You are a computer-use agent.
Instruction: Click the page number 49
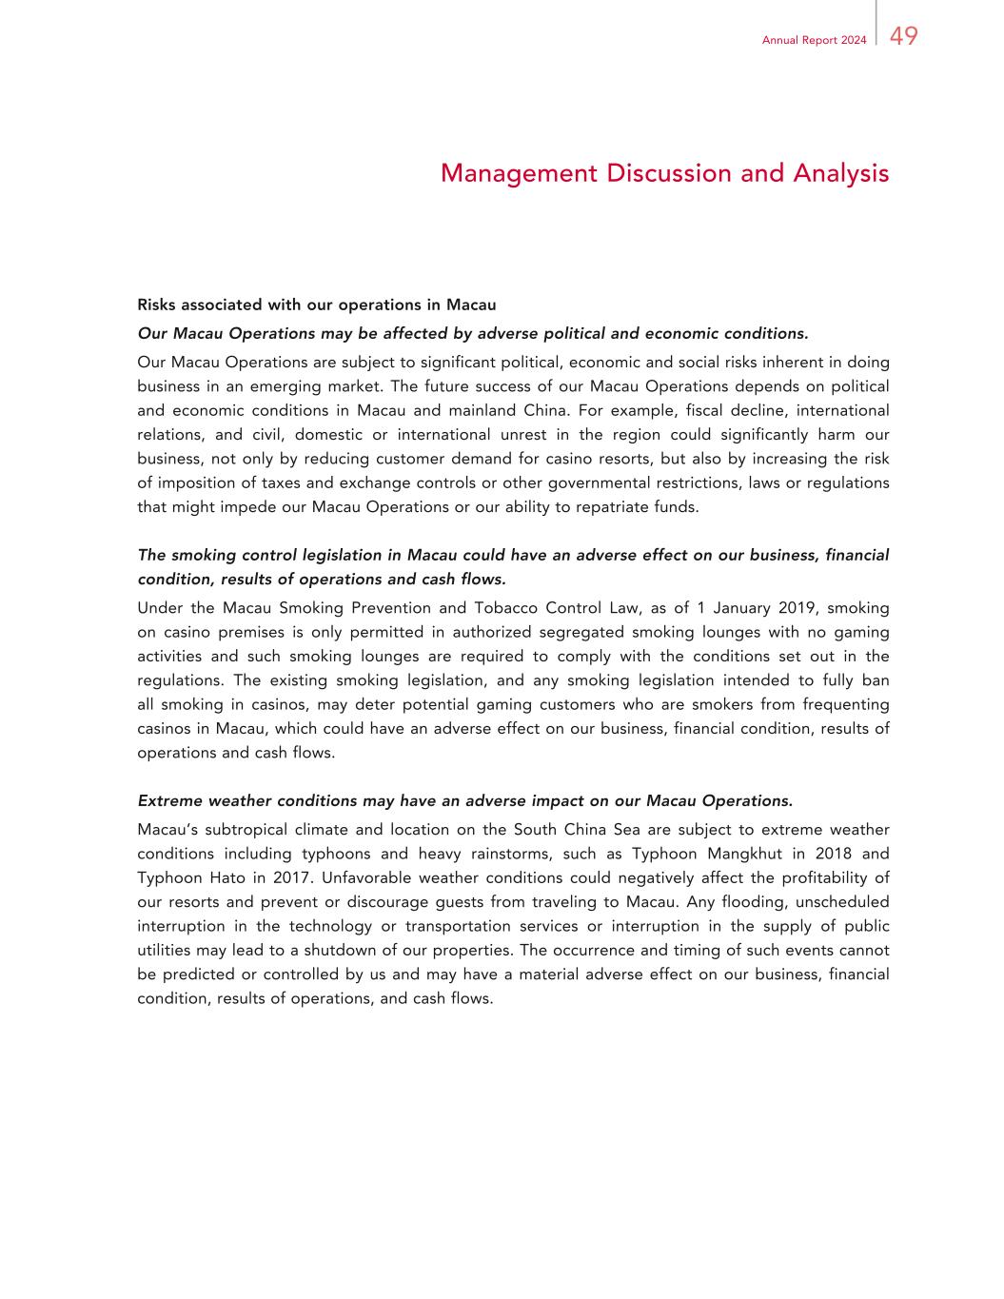pos(904,37)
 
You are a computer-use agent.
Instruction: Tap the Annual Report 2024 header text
pos(814,40)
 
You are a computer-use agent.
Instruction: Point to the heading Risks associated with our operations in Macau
pos(317,305)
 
